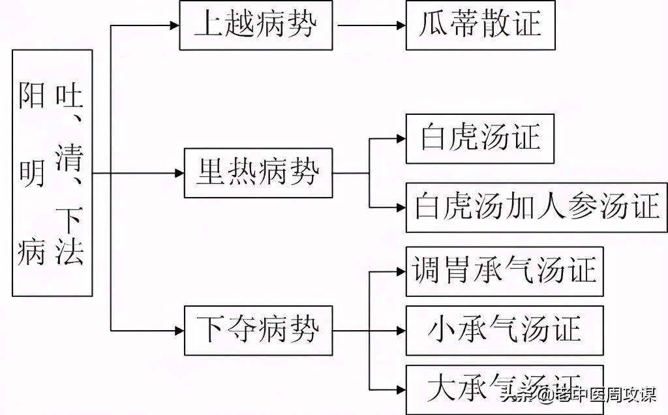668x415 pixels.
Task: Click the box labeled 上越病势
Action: click(x=256, y=25)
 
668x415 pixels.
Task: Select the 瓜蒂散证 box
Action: click(x=480, y=25)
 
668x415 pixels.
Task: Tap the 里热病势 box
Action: click(x=258, y=174)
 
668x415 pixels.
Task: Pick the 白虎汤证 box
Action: click(x=479, y=138)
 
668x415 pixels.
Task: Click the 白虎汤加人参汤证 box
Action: click(x=536, y=207)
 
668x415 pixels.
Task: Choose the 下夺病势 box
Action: click(x=258, y=330)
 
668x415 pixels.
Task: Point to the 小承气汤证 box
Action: click(x=504, y=330)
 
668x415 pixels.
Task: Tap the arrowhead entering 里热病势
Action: click(x=179, y=174)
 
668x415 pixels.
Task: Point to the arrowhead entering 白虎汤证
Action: click(x=401, y=138)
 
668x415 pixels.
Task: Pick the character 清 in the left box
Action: click(x=69, y=157)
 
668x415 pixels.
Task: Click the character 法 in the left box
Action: click(x=69, y=251)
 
